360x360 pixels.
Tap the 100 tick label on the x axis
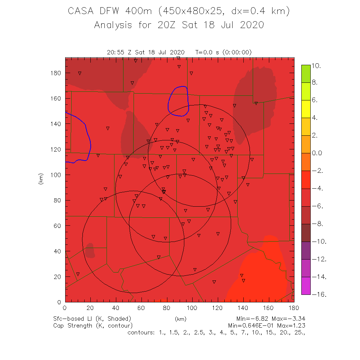tap(192, 308)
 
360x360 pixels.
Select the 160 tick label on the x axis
tap(269, 308)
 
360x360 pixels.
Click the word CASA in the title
tap(80, 11)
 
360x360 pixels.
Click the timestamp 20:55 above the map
tap(115, 52)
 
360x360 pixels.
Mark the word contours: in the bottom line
tap(141, 332)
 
